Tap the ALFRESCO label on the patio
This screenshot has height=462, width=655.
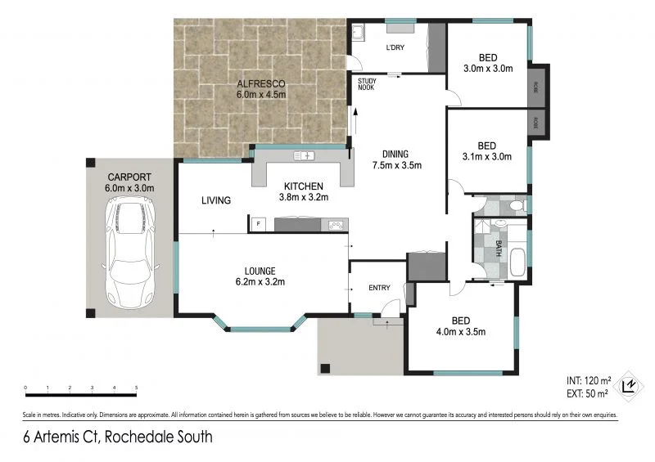[x=260, y=83]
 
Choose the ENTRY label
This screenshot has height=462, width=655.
[x=379, y=287]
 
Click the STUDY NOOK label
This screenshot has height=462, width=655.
[x=365, y=84]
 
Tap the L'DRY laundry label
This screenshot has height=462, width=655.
[x=395, y=47]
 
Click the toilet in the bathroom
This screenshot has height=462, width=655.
[x=515, y=206]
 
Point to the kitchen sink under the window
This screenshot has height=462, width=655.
[x=305, y=155]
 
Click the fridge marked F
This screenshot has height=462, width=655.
[x=260, y=223]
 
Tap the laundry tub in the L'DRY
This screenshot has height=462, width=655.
[x=359, y=34]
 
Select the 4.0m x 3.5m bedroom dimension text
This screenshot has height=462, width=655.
[x=461, y=331]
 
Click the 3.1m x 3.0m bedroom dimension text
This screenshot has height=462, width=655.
[x=487, y=156]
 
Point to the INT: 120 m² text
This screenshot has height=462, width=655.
[x=588, y=381]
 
